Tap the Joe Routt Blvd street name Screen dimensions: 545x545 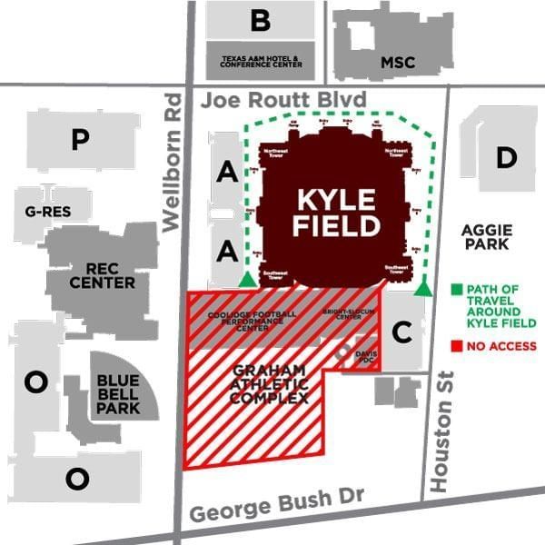(283, 98)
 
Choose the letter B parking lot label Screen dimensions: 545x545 (261, 19)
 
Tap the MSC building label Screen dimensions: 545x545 (397, 63)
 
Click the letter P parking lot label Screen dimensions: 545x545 (81, 139)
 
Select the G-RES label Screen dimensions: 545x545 (48, 212)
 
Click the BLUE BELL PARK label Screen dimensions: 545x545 (118, 394)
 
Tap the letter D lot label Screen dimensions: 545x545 (506, 157)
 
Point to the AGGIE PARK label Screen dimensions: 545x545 (487, 237)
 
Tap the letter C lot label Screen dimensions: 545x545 (401, 332)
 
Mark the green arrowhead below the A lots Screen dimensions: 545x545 (246, 280)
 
